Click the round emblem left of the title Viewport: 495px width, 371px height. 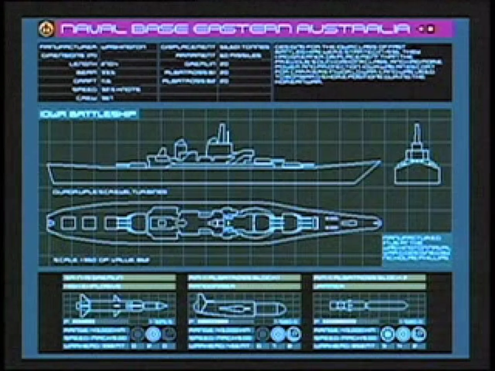[x=46, y=29]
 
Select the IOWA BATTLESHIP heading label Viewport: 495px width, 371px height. [x=88, y=114]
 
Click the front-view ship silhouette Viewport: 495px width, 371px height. [x=417, y=161]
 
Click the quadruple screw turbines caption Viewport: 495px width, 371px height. [x=110, y=192]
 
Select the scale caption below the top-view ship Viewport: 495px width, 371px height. [x=101, y=260]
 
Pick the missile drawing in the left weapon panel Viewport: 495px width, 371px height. [x=120, y=305]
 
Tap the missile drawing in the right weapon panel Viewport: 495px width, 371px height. [x=368, y=305]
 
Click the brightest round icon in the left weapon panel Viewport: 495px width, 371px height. [x=153, y=334]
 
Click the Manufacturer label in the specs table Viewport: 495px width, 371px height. [x=68, y=47]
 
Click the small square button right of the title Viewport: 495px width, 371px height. [x=431, y=29]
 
